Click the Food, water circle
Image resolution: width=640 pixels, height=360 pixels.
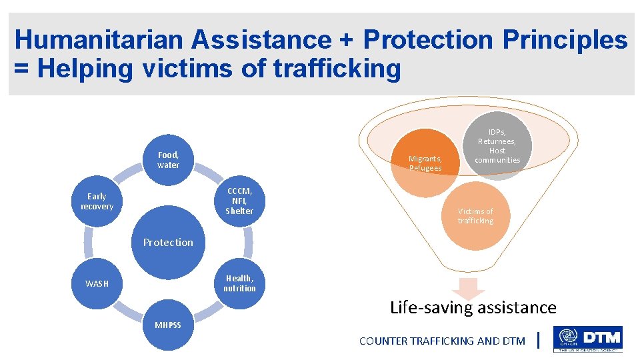tap(168, 160)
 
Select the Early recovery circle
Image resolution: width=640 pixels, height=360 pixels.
tap(97, 201)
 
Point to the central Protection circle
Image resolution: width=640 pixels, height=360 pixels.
tap(168, 242)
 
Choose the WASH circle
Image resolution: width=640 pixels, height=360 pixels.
tap(97, 283)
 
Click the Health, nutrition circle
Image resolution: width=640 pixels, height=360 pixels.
tap(239, 283)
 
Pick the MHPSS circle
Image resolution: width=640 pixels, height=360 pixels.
tap(168, 325)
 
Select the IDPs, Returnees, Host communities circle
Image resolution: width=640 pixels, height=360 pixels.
tap(497, 146)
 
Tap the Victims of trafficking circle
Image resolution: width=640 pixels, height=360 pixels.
tap(475, 216)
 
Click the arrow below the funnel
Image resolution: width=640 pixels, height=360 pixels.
tap(472, 289)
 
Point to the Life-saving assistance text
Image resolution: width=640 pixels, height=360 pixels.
tap(473, 307)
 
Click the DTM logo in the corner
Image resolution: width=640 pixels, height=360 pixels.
tap(587, 339)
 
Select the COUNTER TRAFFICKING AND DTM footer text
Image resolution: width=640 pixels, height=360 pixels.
tap(442, 341)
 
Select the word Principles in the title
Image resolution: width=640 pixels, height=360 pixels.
tap(565, 41)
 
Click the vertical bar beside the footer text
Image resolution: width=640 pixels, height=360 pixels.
tap(538, 341)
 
